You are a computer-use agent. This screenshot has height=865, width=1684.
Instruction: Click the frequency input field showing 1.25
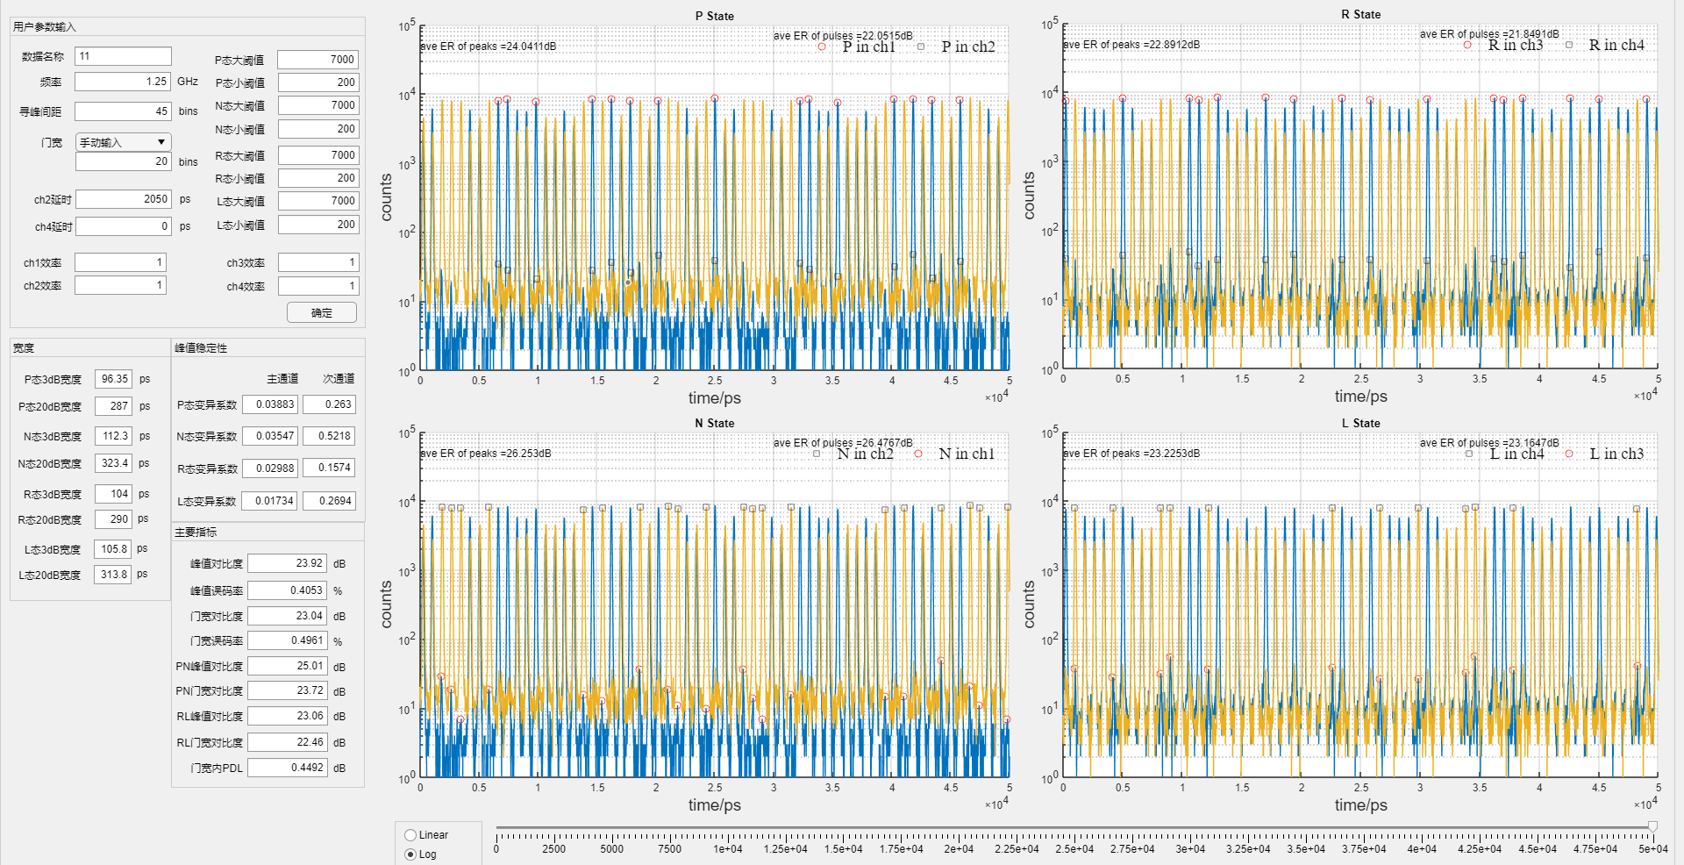(x=123, y=82)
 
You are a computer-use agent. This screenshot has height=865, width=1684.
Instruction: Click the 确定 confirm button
(x=322, y=312)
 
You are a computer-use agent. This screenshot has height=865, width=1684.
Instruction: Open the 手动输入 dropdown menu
(x=124, y=142)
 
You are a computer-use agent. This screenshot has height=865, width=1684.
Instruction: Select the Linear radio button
(x=410, y=835)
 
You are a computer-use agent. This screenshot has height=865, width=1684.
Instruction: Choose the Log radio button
(x=410, y=854)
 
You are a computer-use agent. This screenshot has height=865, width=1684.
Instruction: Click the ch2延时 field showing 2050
(x=123, y=200)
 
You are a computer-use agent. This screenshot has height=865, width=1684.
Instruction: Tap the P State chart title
(x=714, y=16)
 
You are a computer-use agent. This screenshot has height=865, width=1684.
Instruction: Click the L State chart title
(x=1360, y=423)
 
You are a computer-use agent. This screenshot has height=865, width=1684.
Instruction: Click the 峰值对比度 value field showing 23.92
(x=287, y=563)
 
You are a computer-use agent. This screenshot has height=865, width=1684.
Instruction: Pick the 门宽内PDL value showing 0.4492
(x=287, y=768)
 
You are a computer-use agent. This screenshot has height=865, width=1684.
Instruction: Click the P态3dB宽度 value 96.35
(x=113, y=379)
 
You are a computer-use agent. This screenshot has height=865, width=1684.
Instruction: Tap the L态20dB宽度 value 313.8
(x=113, y=575)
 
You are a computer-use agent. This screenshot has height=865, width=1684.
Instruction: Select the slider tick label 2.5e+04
(x=1074, y=849)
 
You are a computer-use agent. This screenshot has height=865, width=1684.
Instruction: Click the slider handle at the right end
(x=1652, y=826)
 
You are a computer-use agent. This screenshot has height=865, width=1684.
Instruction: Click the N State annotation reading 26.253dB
(x=486, y=454)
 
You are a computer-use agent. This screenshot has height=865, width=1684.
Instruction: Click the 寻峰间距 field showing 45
(x=123, y=111)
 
